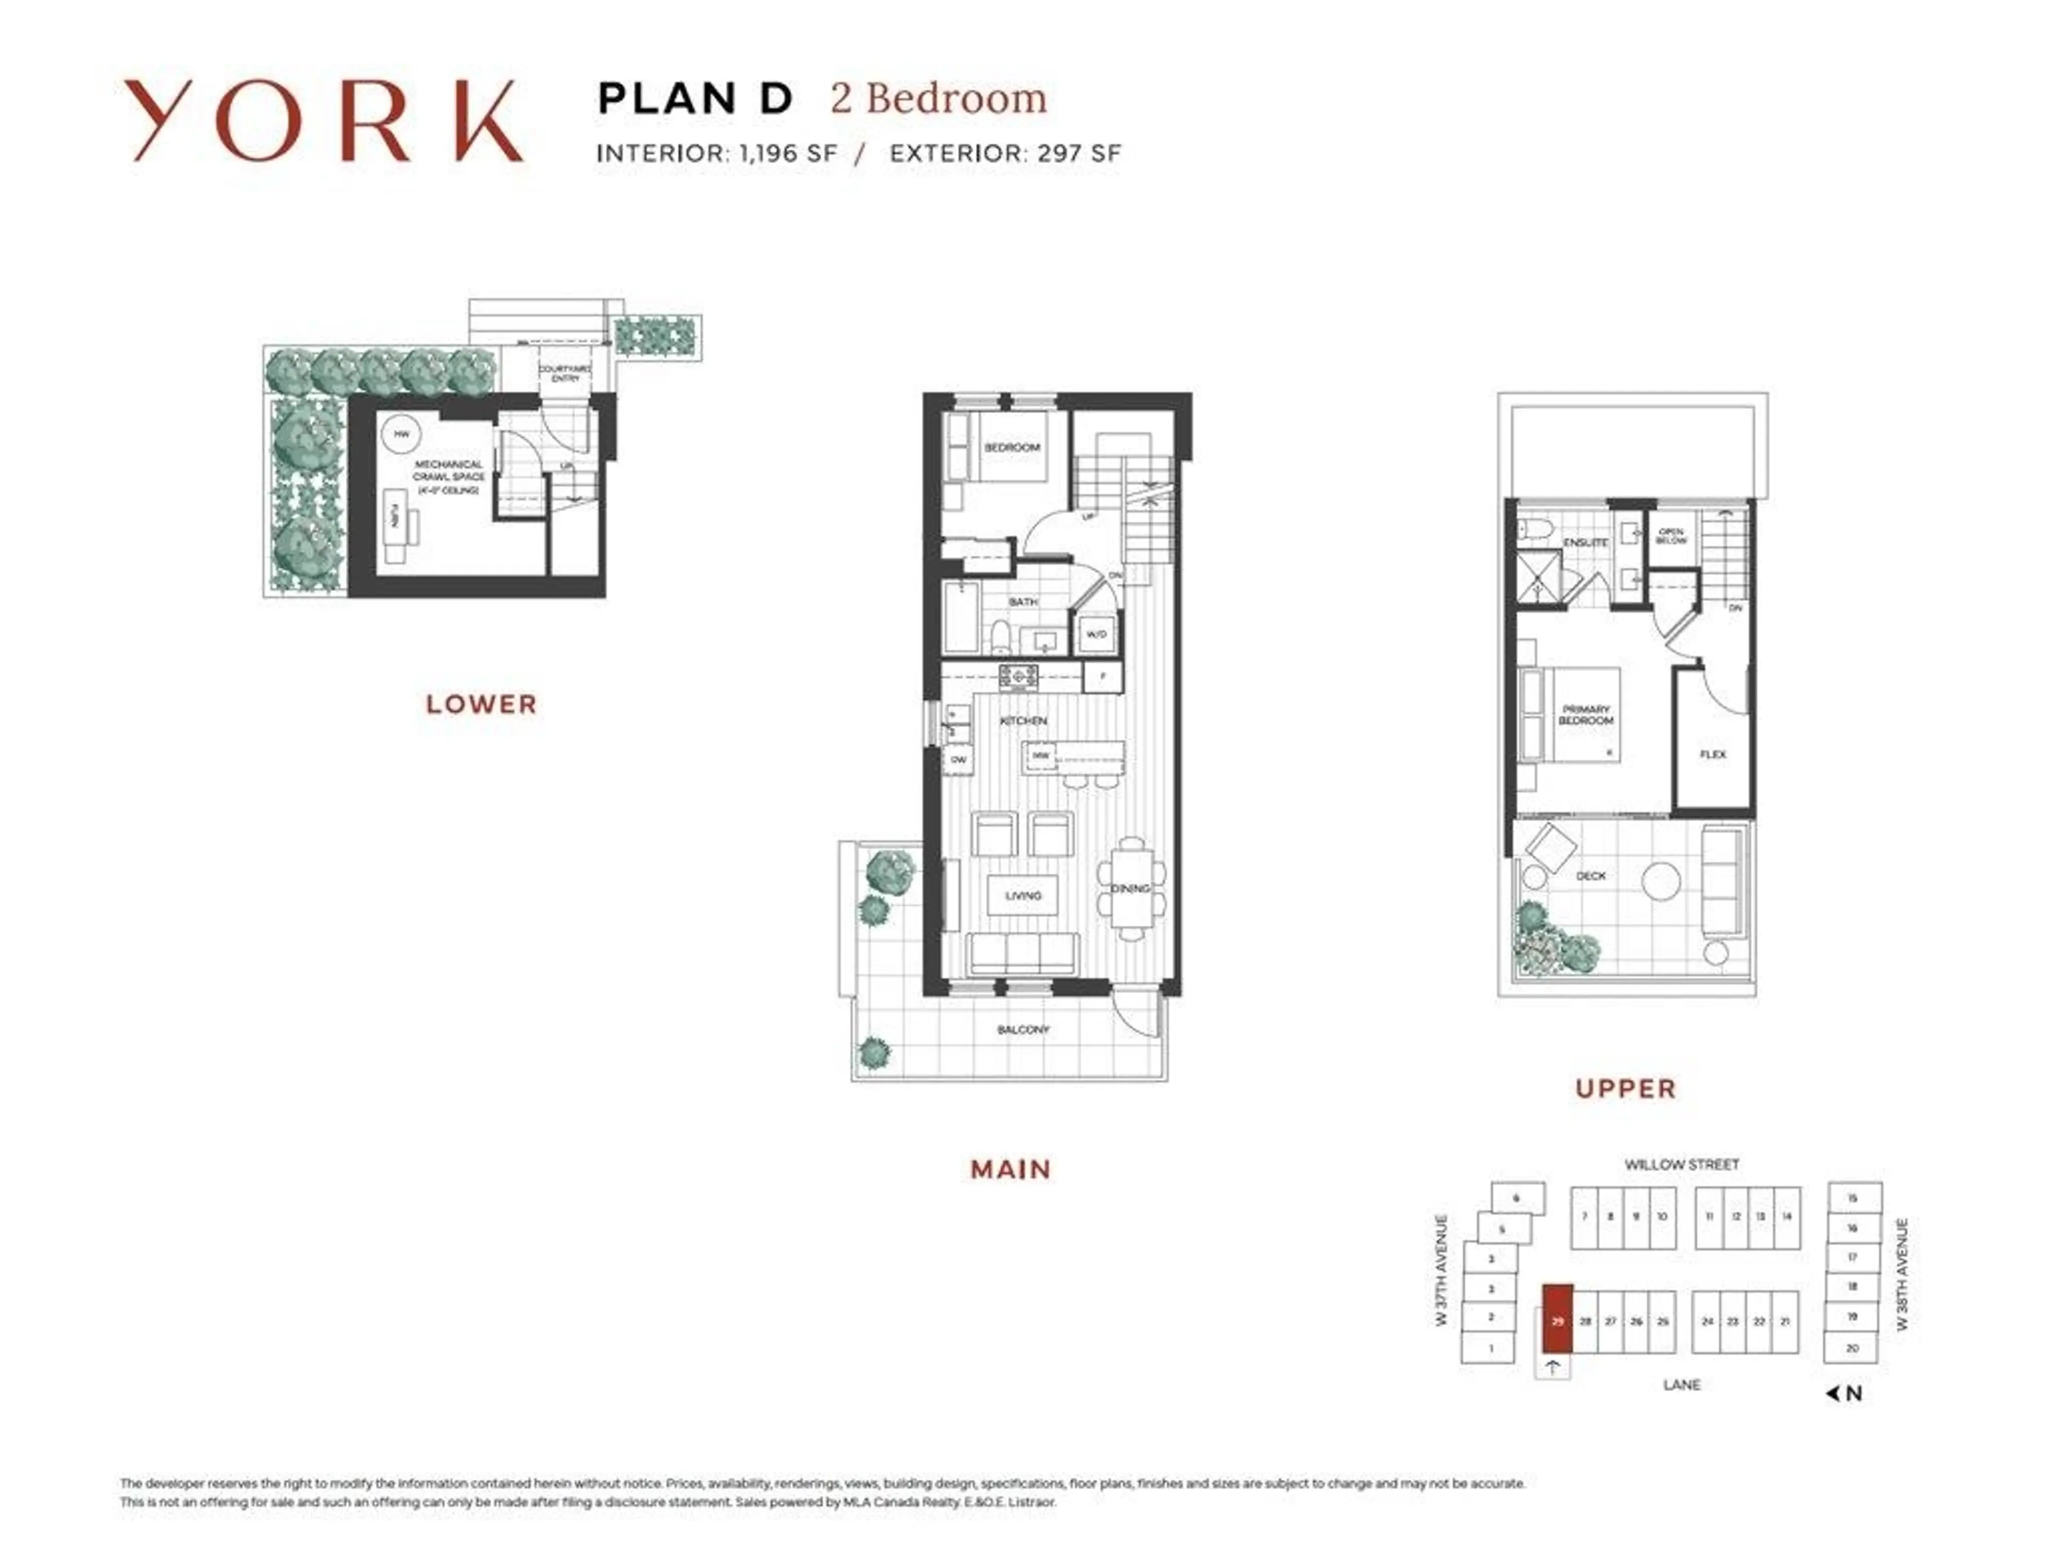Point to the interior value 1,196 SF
(788, 154)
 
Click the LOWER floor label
(481, 705)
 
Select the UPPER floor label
(1626, 1089)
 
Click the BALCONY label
(1023, 1029)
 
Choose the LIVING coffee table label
(1023, 896)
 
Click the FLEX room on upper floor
(1713, 754)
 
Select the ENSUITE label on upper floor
(1585, 542)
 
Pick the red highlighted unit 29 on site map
(1557, 1320)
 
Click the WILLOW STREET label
(1681, 1164)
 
